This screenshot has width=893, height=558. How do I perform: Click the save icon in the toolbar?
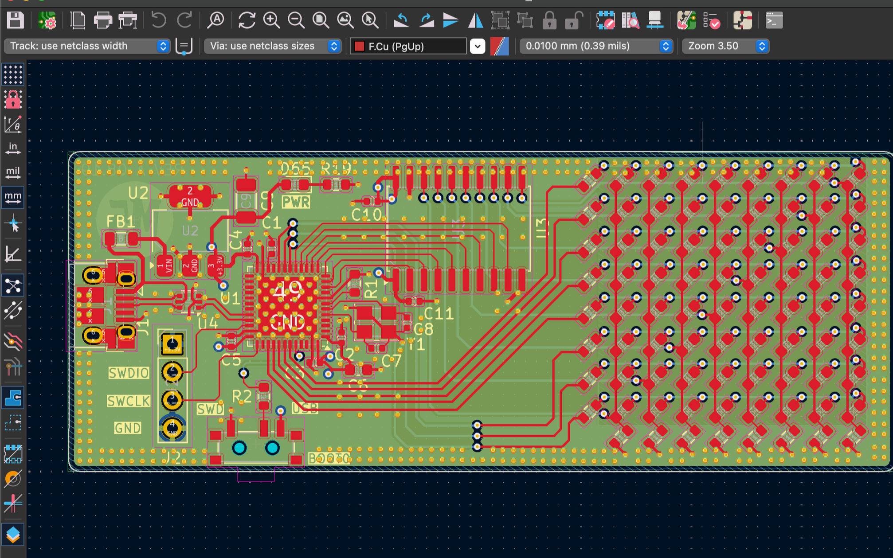point(15,20)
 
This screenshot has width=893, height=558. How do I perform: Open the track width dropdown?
point(87,46)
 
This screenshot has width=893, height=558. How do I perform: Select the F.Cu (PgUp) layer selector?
point(408,46)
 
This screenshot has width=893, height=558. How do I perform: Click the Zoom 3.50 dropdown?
point(725,46)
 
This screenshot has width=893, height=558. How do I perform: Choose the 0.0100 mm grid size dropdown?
point(595,46)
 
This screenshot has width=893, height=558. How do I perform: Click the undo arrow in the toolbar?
point(158,20)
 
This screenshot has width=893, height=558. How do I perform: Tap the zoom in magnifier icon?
point(271,20)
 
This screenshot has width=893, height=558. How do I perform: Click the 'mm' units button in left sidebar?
point(13,196)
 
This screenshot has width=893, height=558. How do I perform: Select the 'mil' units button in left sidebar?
point(13,172)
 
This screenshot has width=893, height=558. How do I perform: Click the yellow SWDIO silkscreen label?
point(129,373)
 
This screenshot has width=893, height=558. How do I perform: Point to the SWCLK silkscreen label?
point(129,402)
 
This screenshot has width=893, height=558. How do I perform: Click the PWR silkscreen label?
point(296,203)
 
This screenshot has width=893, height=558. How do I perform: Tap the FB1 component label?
point(120,221)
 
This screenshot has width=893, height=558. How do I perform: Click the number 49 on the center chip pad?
point(287,290)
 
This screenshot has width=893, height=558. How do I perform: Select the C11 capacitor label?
point(439,314)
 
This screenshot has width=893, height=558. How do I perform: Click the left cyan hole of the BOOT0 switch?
point(239,448)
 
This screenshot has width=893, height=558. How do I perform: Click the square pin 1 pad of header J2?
point(172,343)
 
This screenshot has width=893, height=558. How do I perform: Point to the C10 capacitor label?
point(366,215)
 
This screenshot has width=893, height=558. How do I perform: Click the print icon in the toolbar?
point(103,20)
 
